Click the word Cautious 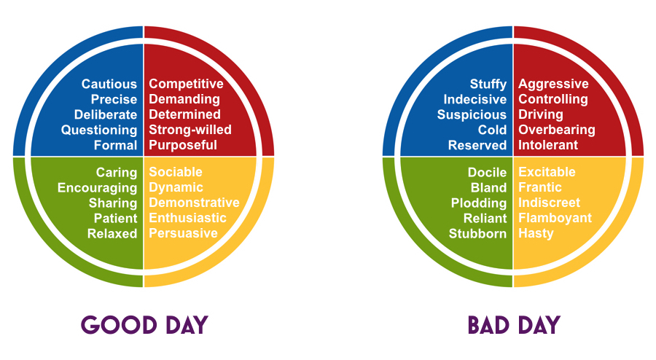click(109, 84)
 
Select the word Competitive click(186, 84)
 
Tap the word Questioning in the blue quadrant click(99, 130)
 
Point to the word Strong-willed click(190, 130)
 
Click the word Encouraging click(97, 188)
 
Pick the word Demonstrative click(194, 203)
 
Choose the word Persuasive click(183, 233)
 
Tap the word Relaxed click(112, 233)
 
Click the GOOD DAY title click(144, 325)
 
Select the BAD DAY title click(514, 325)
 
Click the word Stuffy click(488, 85)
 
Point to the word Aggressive click(553, 84)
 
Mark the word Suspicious click(472, 115)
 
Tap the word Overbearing click(557, 130)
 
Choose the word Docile click(487, 172)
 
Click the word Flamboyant click(555, 218)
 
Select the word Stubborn click(477, 233)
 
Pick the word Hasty click(536, 233)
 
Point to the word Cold click(493, 130)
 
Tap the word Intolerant click(548, 145)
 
